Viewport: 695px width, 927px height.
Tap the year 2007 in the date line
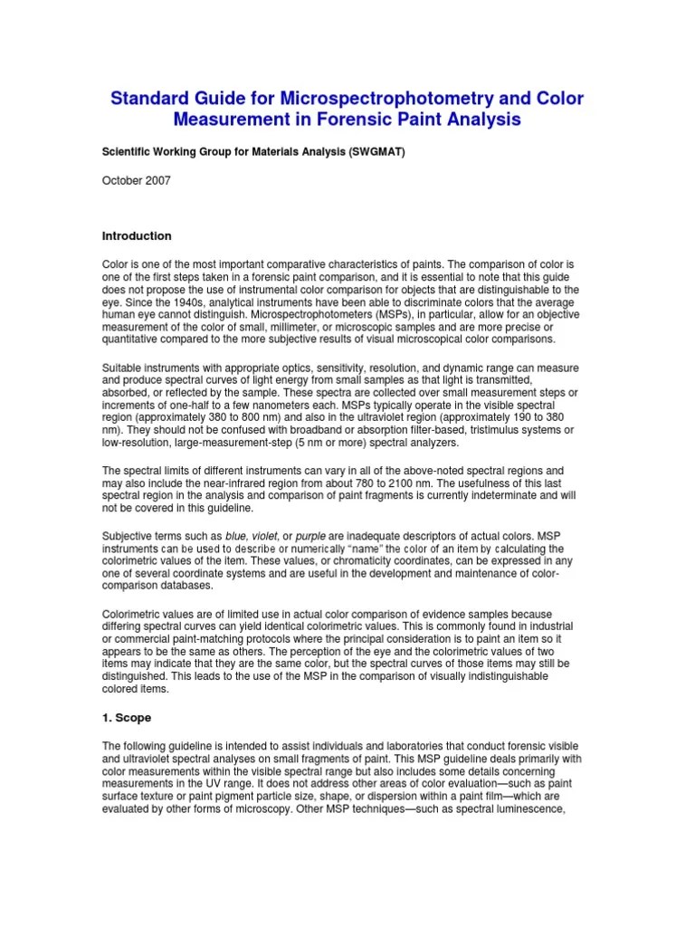[x=156, y=180]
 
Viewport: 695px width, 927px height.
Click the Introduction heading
[x=137, y=235]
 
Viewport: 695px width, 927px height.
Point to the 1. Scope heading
[x=127, y=717]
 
